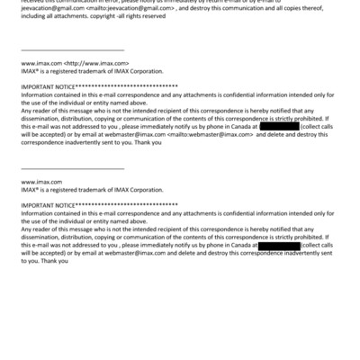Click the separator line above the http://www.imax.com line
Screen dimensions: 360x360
click(72, 50)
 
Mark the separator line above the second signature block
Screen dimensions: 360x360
click(72, 166)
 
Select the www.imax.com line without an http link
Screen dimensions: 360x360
click(41, 181)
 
